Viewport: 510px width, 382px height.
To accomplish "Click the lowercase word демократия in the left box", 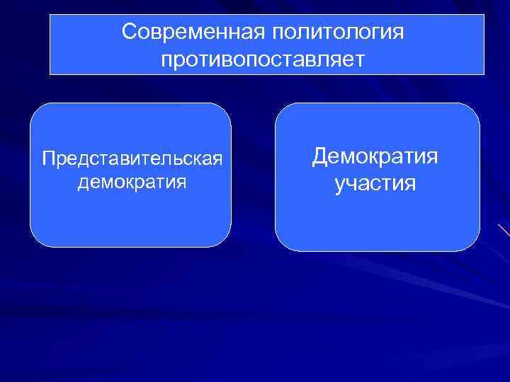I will click(132, 183).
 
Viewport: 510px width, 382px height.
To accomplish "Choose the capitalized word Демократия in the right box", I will click(375, 156).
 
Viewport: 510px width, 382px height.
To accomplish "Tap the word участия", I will click(375, 185).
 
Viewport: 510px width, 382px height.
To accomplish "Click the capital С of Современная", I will click(128, 32).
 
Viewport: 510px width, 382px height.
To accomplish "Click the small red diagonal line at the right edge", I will click(504, 231).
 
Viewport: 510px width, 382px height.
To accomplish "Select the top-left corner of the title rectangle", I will click(50, 15).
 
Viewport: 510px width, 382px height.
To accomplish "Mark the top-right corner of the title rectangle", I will click(484, 15).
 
